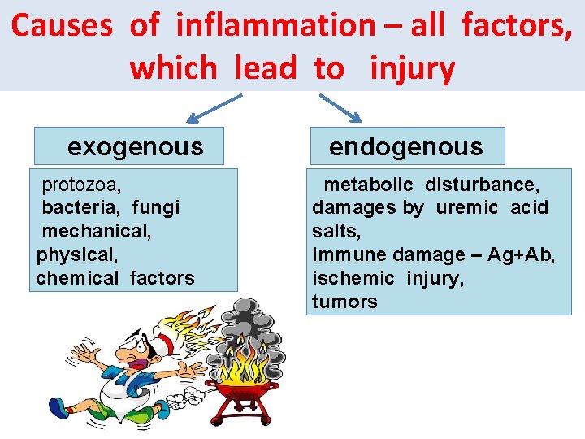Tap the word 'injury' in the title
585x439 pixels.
pos(412,68)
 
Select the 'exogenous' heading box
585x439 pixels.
pos(135,147)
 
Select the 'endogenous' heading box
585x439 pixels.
pos(405,147)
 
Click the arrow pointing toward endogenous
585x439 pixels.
pos(340,108)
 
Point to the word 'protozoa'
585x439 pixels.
pos(81,184)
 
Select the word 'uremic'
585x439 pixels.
pos(467,207)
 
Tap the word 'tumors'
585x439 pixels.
pos(344,302)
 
